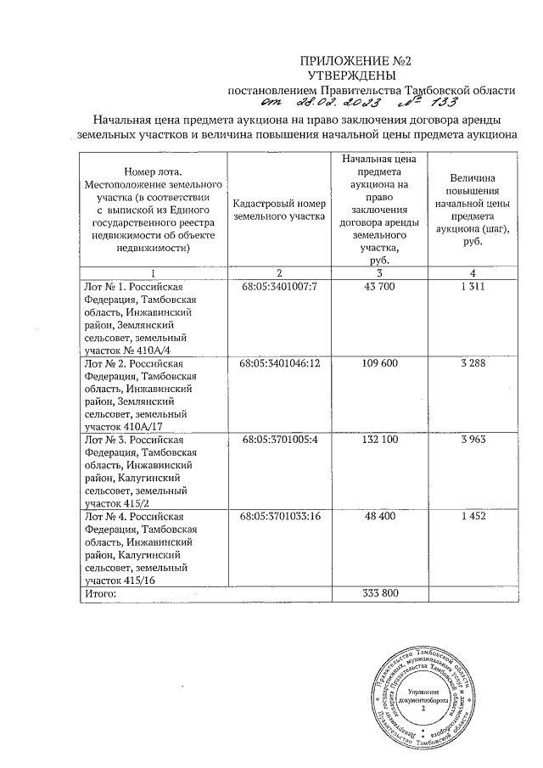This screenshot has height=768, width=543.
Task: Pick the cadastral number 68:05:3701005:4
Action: pos(278,440)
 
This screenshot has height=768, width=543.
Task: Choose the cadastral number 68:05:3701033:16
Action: pos(278,516)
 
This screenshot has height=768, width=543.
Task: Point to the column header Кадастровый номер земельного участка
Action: pos(278,210)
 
